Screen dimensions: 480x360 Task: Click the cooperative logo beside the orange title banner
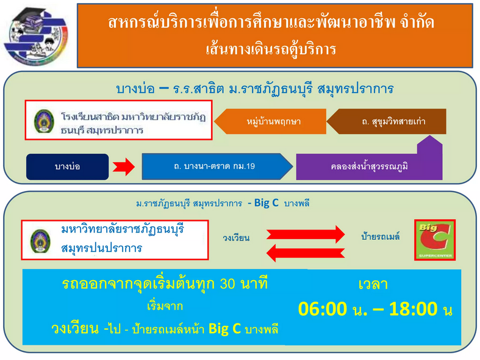click(36, 36)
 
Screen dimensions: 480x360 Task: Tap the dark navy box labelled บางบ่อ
click(67, 167)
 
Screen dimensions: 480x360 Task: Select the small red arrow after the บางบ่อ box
click(124, 167)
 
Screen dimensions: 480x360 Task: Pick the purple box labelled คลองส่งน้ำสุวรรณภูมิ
click(369, 167)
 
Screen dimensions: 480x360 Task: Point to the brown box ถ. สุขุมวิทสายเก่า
click(386, 121)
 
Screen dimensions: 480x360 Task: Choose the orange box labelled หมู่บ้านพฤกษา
click(271, 121)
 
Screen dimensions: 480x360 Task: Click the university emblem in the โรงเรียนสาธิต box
click(44, 121)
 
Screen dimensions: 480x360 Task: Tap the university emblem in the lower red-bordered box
click(40, 241)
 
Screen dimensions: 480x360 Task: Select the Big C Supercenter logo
click(435, 240)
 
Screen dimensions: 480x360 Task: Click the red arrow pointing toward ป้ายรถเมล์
click(306, 234)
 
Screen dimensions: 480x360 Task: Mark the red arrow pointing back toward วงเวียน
click(306, 253)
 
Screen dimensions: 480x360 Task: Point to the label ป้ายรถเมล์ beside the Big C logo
click(381, 236)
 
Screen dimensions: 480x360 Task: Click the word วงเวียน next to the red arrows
click(236, 237)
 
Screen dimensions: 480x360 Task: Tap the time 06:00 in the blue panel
click(323, 309)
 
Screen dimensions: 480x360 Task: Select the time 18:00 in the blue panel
click(414, 309)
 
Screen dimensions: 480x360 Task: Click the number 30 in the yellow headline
click(227, 284)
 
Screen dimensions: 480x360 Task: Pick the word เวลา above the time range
click(373, 284)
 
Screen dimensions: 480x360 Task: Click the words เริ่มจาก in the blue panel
click(165, 306)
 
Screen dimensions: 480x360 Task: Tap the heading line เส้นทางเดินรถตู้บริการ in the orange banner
click(271, 49)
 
